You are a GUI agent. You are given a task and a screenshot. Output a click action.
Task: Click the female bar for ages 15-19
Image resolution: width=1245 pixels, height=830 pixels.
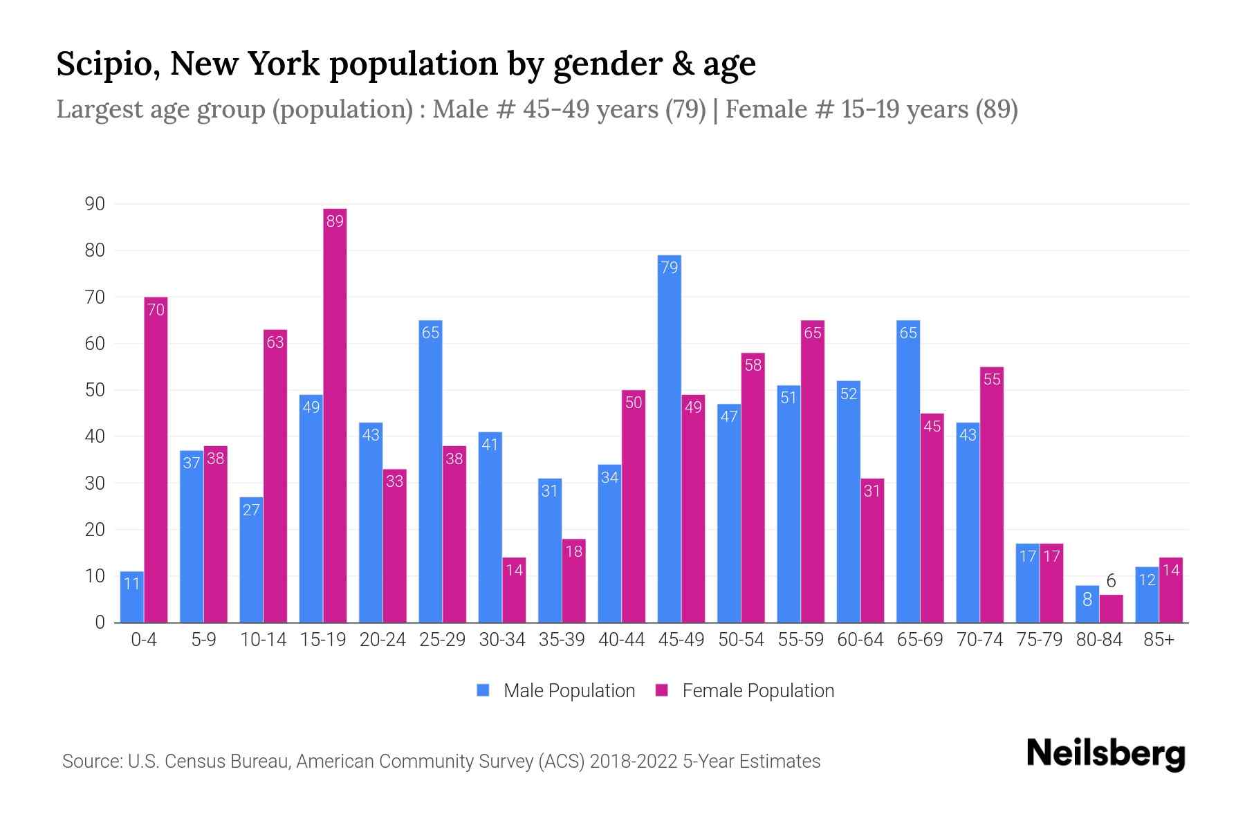[x=335, y=415]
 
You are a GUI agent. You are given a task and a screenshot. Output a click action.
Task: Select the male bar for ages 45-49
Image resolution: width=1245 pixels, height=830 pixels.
[x=669, y=439]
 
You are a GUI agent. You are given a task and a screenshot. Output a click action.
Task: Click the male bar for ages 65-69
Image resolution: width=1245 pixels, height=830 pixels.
[x=907, y=471]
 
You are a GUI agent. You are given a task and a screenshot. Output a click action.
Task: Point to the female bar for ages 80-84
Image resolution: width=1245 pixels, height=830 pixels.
[x=1111, y=609]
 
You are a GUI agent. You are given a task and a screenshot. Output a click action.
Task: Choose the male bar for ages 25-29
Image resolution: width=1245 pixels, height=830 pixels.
[x=430, y=471]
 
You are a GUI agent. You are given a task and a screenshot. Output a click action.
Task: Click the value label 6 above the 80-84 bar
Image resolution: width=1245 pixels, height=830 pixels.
[x=1111, y=581]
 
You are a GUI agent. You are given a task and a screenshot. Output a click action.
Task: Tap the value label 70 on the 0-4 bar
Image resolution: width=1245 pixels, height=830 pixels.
[x=156, y=309]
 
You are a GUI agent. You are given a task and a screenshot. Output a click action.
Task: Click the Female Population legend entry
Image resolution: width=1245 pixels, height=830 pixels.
[x=745, y=690]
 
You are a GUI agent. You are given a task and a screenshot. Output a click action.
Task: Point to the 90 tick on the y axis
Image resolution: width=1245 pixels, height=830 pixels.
[x=95, y=204]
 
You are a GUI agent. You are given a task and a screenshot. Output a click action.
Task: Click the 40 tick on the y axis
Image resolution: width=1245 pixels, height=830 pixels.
[x=95, y=436]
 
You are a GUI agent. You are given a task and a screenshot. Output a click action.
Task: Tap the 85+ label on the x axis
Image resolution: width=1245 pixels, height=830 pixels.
[x=1159, y=640]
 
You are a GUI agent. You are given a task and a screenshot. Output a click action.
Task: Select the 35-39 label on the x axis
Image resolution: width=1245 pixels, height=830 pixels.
[x=562, y=640]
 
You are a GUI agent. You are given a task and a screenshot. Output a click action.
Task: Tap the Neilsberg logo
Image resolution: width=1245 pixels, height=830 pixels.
[x=1105, y=754]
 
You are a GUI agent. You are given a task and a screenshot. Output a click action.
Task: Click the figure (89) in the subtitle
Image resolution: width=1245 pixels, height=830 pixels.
[x=996, y=109]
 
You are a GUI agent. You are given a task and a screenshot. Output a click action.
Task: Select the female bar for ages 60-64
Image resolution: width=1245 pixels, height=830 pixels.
[x=872, y=550]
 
